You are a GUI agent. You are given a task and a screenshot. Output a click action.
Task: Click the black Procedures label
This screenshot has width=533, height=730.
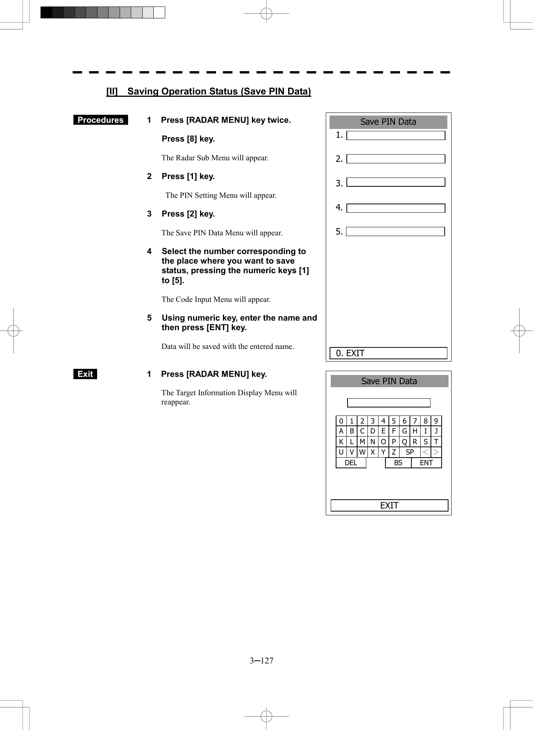pos(101,120)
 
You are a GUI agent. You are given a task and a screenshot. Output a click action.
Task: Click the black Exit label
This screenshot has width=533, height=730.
pos(85,374)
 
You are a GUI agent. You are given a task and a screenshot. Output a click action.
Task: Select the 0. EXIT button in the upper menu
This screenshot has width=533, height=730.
pos(388,353)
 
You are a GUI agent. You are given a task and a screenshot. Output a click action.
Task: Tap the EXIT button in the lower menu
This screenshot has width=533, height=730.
pos(389,505)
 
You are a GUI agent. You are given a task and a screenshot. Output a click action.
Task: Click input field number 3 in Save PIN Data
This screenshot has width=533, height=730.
pos(395,182)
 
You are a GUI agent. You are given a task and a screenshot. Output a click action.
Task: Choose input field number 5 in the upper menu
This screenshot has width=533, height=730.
pos(395,232)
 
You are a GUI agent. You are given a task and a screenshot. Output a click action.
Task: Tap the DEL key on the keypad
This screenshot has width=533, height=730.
pos(351,463)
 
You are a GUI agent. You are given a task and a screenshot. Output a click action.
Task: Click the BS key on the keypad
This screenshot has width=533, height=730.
pos(398,463)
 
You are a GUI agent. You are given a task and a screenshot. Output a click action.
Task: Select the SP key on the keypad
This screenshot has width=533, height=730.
pos(409,452)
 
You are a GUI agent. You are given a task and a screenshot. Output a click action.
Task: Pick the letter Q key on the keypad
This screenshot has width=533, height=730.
pos(404,442)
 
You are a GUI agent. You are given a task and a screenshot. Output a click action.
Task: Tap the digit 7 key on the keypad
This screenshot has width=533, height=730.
pos(415,421)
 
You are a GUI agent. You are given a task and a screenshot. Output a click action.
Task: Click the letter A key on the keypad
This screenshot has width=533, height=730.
pos(341,431)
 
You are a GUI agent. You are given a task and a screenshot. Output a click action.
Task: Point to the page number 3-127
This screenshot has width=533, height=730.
pos(262,661)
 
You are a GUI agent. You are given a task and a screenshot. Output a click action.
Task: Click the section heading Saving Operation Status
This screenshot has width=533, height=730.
pos(209,91)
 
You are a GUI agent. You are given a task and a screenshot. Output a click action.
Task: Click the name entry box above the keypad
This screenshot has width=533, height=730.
pos(388,403)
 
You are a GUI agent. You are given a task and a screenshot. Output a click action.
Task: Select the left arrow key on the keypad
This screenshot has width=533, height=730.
pos(425,452)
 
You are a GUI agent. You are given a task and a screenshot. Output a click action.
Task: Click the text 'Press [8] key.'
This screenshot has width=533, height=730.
pos(188,139)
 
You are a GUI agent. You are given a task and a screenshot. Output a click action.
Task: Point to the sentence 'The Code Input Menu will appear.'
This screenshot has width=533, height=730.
pos(216,299)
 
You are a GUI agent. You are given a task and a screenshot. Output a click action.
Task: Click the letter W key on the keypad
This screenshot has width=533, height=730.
pos(362,452)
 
